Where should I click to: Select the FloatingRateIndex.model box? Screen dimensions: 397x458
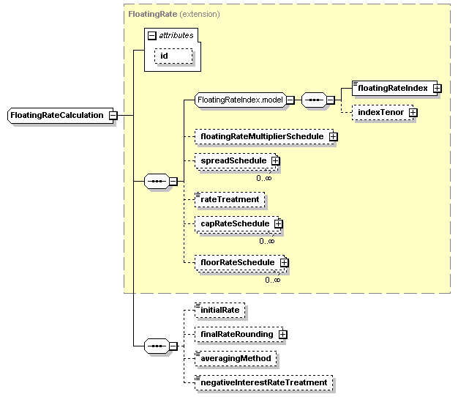[240, 100]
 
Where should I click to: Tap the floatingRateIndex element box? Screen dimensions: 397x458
[391, 88]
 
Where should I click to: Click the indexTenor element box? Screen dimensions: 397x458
[380, 112]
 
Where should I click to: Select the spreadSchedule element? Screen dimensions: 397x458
[233, 160]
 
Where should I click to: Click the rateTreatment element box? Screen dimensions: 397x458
[230, 199]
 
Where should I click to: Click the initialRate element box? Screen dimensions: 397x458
[220, 311]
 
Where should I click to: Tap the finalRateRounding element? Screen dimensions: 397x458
[236, 335]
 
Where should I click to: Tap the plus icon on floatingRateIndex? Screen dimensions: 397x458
[437, 88]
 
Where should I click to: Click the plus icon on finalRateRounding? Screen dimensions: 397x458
[282, 335]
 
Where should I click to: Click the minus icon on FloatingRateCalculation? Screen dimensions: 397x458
[113, 116]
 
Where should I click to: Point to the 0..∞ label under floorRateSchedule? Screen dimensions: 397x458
[272, 279]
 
